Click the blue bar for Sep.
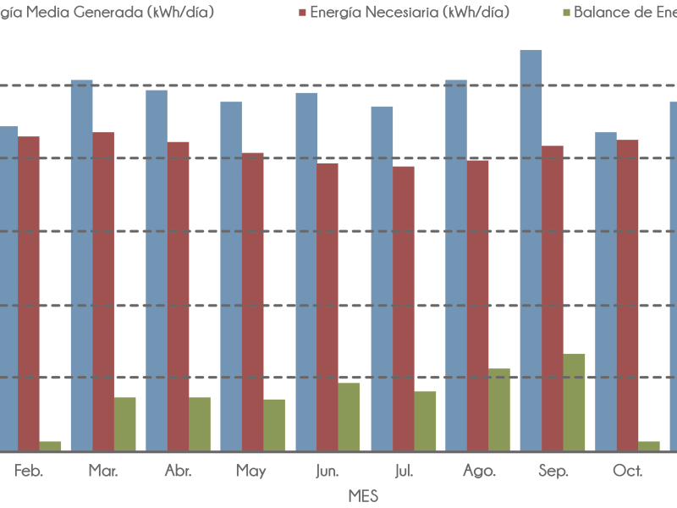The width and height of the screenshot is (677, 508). (531, 250)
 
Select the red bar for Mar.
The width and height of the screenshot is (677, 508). (103, 291)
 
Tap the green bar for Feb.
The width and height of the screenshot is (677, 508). (50, 445)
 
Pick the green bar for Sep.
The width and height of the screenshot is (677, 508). (574, 402)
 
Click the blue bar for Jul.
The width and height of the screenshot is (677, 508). (382, 279)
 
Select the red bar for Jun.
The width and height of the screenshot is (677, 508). (327, 306)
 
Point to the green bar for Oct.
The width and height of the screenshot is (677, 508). (649, 445)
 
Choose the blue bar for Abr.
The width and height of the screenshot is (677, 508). (157, 270)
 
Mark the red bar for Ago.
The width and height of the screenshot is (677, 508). (477, 306)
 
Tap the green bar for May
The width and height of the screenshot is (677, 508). (274, 425)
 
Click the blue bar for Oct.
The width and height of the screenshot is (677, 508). (606, 291)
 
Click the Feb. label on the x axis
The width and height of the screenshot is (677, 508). (29, 471)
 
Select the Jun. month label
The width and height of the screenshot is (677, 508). (327, 471)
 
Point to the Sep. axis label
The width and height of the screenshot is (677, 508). (553, 471)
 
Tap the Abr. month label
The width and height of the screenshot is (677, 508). (177, 471)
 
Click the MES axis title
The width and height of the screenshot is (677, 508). (363, 496)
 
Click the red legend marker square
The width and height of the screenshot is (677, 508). (302, 13)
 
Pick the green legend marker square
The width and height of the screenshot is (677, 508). (566, 13)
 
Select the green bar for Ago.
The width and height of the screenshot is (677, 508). (499, 410)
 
